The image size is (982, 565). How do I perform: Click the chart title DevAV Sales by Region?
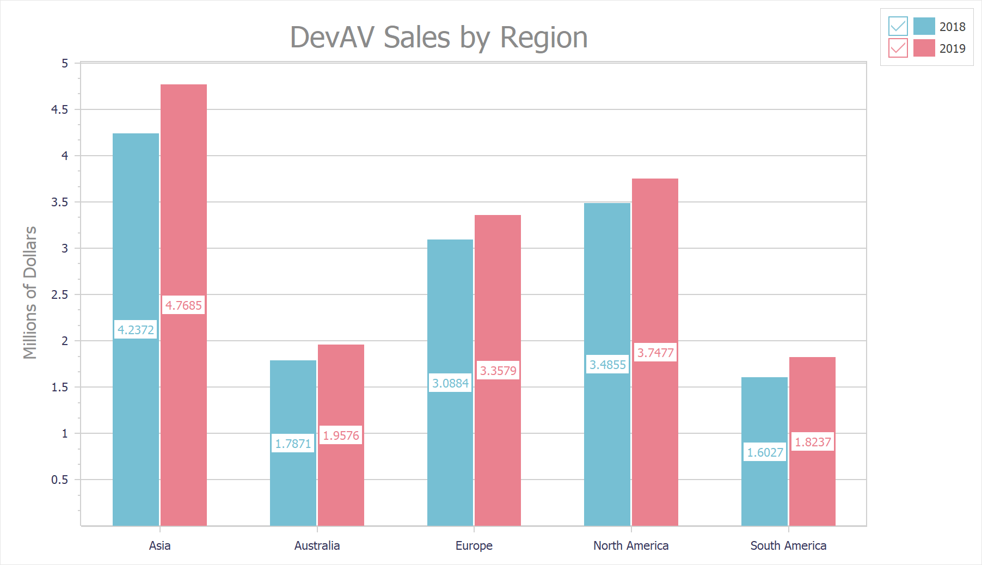[x=439, y=38]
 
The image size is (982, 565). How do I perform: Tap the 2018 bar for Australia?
[x=293, y=403]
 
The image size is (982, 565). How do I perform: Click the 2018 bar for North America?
[x=607, y=283]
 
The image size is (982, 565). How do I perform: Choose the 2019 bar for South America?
[x=812, y=490]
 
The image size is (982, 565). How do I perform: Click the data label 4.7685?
[x=183, y=305]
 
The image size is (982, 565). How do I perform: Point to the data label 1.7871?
[x=293, y=444]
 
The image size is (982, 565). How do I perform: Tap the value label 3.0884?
[x=450, y=383]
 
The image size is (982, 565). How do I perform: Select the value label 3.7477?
[x=655, y=353]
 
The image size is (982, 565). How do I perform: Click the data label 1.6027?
[x=765, y=452]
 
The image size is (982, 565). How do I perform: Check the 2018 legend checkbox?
[x=898, y=26]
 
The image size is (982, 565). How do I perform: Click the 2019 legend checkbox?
[x=898, y=48]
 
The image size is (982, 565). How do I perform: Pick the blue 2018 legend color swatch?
[x=924, y=26]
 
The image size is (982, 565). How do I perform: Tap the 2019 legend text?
[x=952, y=48]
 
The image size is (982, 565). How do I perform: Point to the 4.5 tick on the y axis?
[x=60, y=109]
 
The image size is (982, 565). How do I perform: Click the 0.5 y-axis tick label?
[x=60, y=480]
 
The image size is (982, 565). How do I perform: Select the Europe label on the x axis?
[x=474, y=545]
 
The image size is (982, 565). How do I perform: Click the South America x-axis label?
[x=788, y=545]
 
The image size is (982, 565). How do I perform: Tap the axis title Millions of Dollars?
[x=30, y=292]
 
